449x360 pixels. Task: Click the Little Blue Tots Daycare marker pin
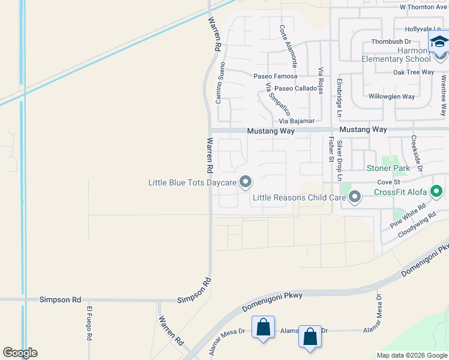(245, 181)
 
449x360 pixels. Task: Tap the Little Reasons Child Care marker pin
(355, 197)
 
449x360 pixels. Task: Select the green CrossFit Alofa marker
(436, 192)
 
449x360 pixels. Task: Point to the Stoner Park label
(388, 168)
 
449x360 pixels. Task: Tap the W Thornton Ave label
(424, 7)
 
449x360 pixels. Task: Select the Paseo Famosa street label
(275, 76)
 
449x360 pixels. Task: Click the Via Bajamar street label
(296, 121)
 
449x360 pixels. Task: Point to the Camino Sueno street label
(220, 82)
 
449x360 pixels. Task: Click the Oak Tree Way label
(413, 72)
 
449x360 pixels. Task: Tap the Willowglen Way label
(391, 96)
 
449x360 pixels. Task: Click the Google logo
(20, 353)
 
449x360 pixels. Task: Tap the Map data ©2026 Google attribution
(411, 355)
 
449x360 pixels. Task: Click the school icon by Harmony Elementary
(439, 43)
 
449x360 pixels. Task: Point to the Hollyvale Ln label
(423, 29)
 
